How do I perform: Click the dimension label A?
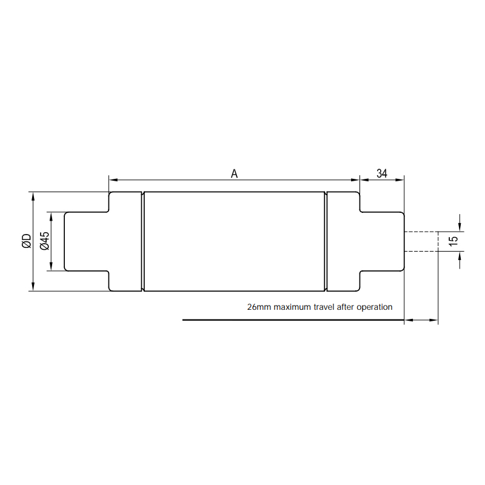pyautogui.click(x=234, y=174)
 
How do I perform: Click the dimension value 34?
pyautogui.click(x=382, y=173)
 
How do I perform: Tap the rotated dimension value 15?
pyautogui.click(x=453, y=241)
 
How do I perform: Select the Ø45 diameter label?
pyautogui.click(x=45, y=241)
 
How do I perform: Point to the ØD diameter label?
pyautogui.click(x=27, y=241)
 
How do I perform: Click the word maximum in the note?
pyautogui.click(x=292, y=307)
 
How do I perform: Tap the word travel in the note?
pyautogui.click(x=324, y=307)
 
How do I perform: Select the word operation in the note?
pyautogui.click(x=375, y=307)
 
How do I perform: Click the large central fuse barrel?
pyautogui.click(x=235, y=241)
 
